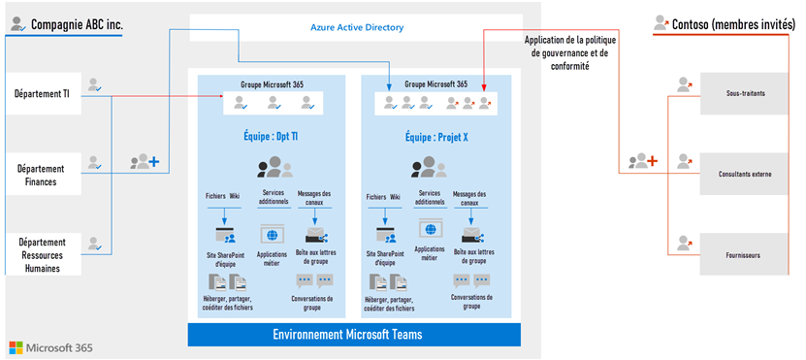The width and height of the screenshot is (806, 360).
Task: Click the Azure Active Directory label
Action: (357, 28)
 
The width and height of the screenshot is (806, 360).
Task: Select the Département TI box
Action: (44, 93)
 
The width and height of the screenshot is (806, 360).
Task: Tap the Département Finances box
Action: (44, 174)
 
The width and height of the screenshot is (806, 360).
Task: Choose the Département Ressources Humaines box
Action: (44, 254)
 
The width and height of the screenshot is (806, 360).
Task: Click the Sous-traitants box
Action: (744, 93)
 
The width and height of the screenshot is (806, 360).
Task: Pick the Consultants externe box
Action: (744, 174)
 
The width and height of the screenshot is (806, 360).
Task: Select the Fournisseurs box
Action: (744, 254)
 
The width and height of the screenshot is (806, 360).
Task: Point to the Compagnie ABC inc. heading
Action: (77, 24)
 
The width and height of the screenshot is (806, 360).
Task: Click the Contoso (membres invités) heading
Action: (729, 23)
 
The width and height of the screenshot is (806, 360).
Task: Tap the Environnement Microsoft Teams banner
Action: (354, 335)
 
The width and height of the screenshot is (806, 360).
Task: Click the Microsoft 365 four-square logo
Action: (16, 347)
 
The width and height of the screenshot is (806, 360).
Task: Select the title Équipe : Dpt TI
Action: (271, 138)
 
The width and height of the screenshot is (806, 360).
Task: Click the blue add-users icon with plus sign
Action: (145, 161)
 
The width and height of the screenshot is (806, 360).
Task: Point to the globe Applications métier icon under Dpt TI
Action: (272, 234)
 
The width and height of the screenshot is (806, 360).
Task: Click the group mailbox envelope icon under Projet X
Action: (470, 235)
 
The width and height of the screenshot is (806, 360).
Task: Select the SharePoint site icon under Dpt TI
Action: (225, 235)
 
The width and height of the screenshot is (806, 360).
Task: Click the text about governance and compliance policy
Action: (570, 53)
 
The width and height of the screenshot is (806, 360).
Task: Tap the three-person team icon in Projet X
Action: (428, 167)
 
